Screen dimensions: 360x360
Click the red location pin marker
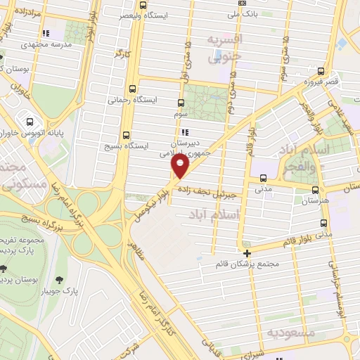181,167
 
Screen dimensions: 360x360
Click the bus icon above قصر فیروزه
321,71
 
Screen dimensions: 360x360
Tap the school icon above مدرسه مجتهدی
46,33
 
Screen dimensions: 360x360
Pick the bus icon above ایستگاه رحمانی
127,89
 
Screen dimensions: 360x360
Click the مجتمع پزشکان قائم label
248,264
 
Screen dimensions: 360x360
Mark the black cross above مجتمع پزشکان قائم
247,253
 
